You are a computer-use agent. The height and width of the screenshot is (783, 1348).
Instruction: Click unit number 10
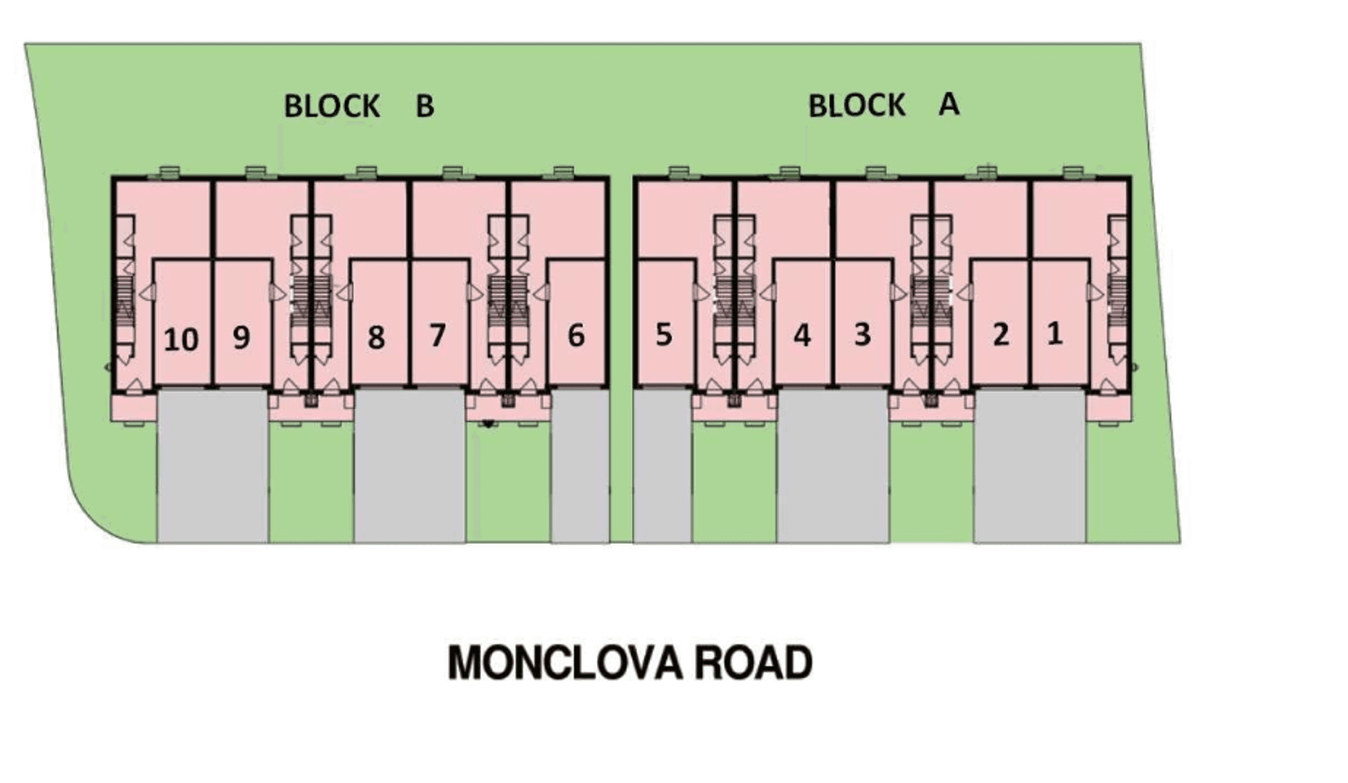click(x=180, y=339)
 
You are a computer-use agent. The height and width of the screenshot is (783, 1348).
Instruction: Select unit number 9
click(x=241, y=337)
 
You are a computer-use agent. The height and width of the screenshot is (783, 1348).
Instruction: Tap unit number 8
click(x=375, y=337)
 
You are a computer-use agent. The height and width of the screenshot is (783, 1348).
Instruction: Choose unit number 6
click(x=575, y=336)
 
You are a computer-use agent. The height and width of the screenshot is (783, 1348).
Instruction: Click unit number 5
click(x=663, y=335)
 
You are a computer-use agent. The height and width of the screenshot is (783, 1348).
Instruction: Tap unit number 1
click(x=1054, y=333)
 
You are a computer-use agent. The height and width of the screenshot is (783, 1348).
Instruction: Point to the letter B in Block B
click(x=425, y=107)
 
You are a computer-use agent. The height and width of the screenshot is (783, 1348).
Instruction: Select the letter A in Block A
click(x=949, y=105)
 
